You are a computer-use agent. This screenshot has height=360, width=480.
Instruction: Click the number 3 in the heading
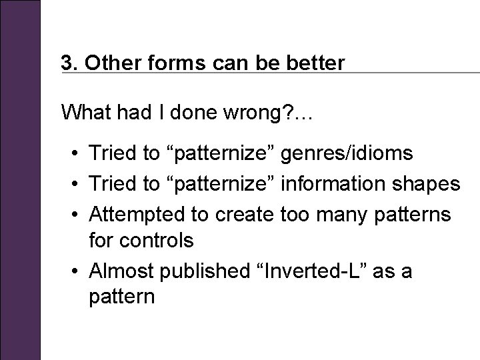[x=67, y=63]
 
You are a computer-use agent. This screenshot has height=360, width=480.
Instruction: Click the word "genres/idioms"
[x=348, y=154]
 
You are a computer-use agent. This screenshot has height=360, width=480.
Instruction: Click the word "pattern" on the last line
[x=121, y=297]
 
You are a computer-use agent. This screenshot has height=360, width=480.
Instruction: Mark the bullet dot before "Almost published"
[x=77, y=272]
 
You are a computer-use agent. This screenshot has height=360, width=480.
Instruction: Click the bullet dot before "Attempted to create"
[x=77, y=215]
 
